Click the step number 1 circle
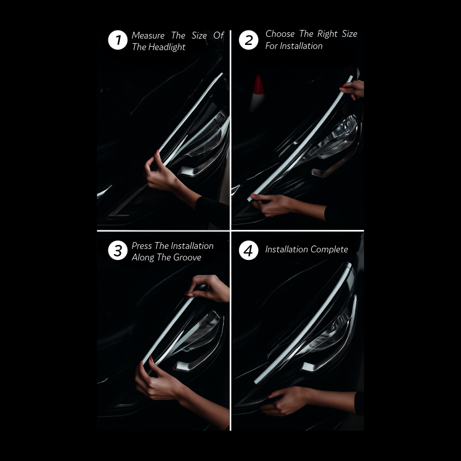point(118,40)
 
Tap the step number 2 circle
point(248,40)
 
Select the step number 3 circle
point(118,251)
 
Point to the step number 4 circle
point(248,251)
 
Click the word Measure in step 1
point(148,36)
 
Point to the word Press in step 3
point(142,246)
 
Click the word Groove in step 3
point(187,258)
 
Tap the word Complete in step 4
point(329,250)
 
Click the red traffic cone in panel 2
point(258,92)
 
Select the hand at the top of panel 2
point(353,89)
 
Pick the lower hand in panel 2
point(272,205)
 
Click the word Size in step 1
point(199,36)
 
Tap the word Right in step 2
point(327,34)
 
